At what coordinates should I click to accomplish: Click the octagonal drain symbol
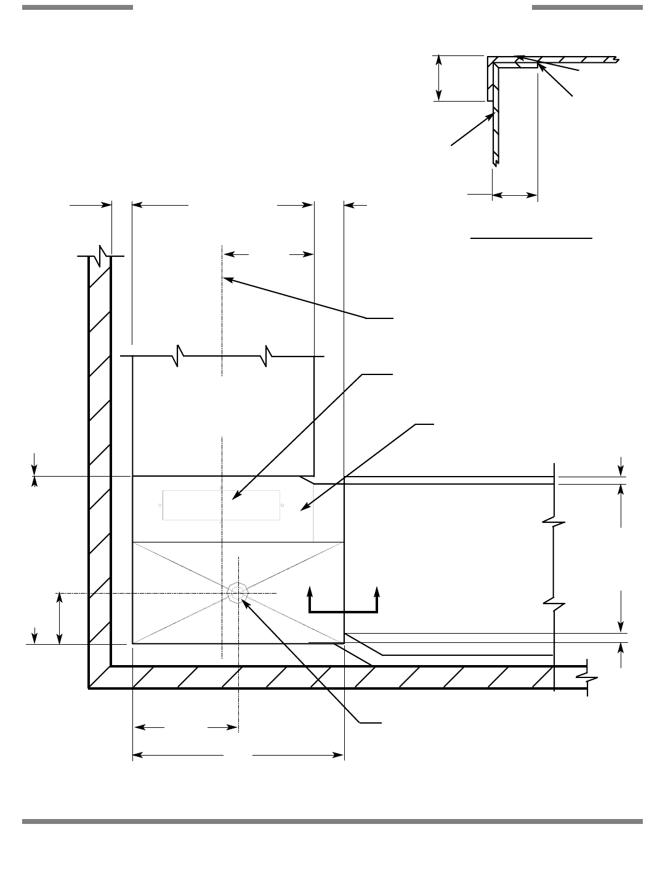(238, 592)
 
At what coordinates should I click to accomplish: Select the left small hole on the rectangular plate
(161, 506)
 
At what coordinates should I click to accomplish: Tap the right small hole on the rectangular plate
(281, 506)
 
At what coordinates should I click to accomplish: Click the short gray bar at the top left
(78, 7)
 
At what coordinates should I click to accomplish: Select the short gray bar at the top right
(587, 7)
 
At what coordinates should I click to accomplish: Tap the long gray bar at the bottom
(332, 821)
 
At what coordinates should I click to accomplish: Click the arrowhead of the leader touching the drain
(244, 601)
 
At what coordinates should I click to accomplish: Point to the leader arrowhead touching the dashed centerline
(227, 280)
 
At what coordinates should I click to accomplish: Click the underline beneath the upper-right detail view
(531, 236)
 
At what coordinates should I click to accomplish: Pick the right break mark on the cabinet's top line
(268, 356)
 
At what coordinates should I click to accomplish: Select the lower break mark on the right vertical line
(554, 603)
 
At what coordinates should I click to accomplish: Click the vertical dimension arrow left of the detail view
(438, 78)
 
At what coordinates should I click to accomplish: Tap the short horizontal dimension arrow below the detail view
(515, 195)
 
